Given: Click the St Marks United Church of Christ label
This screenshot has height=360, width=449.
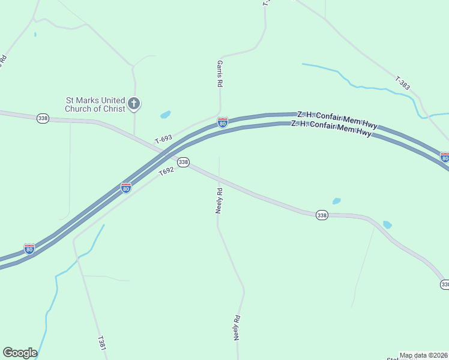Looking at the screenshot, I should (95, 104).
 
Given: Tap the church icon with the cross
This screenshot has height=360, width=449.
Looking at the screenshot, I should (134, 104).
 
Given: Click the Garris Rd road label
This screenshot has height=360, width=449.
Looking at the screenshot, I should (220, 74).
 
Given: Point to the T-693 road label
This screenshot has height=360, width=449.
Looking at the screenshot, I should (163, 139).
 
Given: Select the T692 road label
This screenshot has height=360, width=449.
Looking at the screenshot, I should (166, 172).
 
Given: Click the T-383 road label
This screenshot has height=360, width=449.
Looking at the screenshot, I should (403, 83).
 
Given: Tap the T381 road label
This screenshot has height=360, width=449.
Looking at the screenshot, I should (101, 343).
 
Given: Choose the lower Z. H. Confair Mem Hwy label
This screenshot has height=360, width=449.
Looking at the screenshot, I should (331, 128).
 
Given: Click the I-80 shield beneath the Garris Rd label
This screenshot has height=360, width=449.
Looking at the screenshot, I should (223, 122).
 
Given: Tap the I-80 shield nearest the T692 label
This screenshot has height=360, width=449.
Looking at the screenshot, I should (126, 188).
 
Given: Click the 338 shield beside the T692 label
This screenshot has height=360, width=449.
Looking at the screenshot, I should (184, 162).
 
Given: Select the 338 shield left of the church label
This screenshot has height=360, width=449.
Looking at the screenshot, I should (43, 118).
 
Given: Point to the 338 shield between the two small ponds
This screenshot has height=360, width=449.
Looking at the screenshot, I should (322, 215).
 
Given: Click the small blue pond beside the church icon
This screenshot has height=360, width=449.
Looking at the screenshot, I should (165, 114).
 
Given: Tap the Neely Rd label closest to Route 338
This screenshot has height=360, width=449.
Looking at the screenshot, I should (219, 200).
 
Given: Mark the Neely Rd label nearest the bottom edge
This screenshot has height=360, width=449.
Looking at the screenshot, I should (237, 328).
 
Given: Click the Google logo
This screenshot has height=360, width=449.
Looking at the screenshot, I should (20, 353).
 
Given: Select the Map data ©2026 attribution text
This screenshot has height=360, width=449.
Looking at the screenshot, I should (424, 355).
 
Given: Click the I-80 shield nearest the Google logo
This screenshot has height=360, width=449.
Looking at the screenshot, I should (29, 248).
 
